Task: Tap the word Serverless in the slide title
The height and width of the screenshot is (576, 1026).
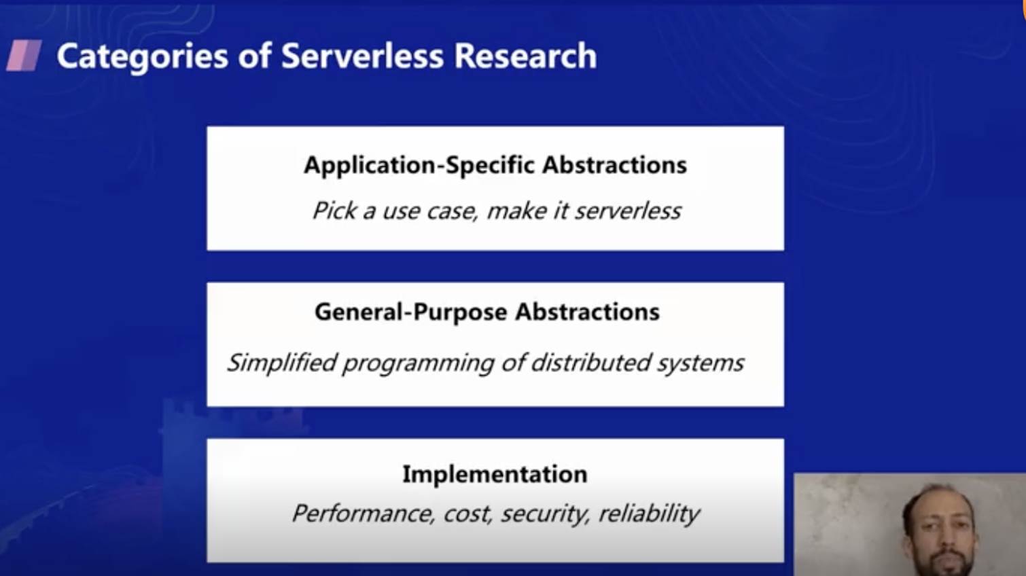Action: point(362,56)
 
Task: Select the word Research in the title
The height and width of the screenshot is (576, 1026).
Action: point(525,56)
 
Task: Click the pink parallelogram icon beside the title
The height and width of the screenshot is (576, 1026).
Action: point(24,56)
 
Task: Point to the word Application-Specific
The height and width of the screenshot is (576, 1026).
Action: point(419,165)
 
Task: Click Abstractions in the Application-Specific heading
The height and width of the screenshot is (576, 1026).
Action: point(615,164)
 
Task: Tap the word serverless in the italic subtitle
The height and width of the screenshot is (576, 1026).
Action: point(628,211)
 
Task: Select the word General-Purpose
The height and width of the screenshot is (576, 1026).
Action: point(411,312)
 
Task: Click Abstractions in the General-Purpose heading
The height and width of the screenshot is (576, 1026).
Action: point(587,312)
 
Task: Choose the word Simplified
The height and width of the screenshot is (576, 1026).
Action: point(282,363)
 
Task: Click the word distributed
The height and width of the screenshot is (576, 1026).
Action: point(591,363)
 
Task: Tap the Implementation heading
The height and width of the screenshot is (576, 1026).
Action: point(495,474)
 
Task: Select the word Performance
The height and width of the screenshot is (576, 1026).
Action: point(363,514)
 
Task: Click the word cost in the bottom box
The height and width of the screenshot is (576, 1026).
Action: point(467,514)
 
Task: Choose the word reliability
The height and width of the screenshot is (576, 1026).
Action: point(649,514)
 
